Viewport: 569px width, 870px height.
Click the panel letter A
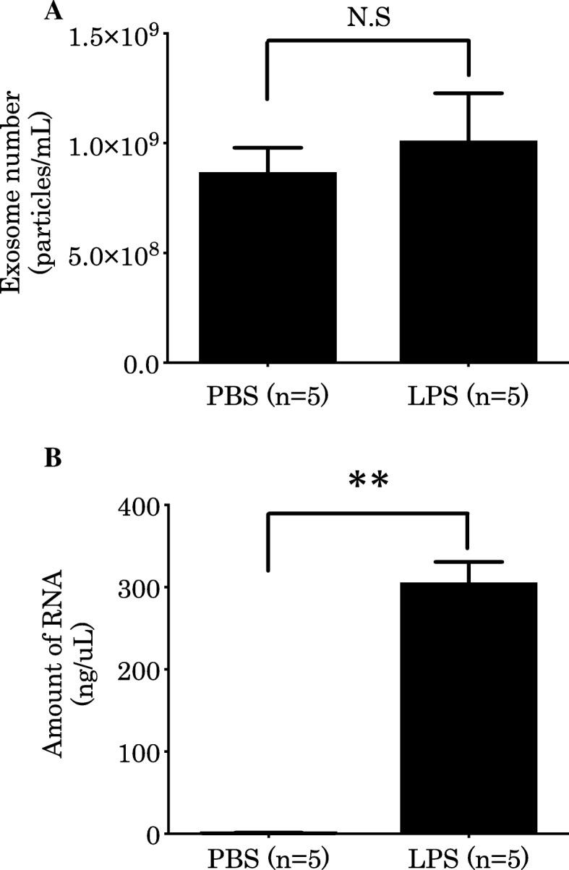tap(51, 12)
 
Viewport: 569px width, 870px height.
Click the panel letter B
tap(51, 459)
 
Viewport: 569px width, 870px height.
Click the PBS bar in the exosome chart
tap(268, 267)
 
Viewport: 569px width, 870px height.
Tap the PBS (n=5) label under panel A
tap(268, 396)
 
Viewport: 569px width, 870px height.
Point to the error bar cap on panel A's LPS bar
tap(468, 93)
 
